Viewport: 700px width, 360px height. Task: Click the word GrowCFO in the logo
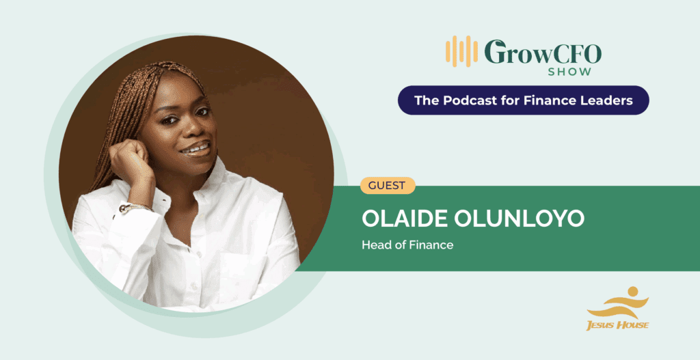coord(543,52)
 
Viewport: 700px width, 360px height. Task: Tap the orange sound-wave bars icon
coord(461,51)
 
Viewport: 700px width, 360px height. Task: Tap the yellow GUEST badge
coord(388,186)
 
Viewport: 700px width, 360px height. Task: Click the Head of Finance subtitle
coord(407,245)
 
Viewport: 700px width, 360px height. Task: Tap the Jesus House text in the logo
coord(617,325)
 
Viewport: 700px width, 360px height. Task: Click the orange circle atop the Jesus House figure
coord(632,292)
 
